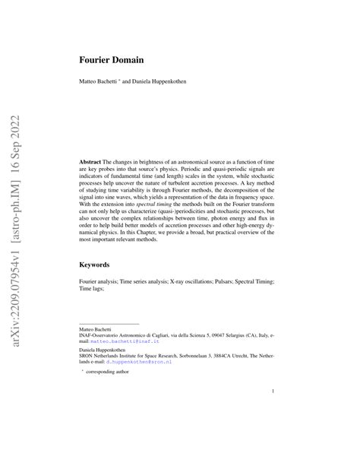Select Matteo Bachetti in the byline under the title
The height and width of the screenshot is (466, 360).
(x=101, y=80)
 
